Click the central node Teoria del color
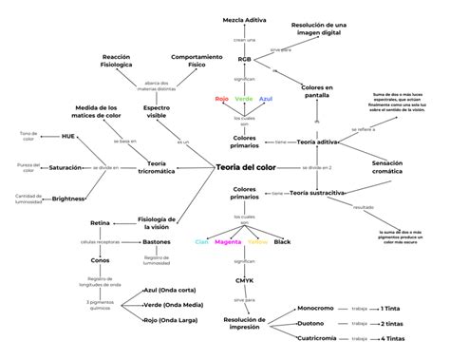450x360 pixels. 220,167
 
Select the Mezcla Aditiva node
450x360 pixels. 244,19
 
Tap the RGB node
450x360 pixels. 245,59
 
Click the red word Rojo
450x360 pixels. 221,99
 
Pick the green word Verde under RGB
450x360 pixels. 244,99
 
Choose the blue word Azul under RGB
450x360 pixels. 267,99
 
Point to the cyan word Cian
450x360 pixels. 201,242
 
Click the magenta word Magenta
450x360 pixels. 228,242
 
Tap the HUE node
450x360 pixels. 68,137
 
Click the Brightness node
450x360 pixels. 68,199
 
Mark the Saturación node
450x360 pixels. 66,167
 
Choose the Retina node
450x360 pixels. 101,222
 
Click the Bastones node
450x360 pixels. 157,242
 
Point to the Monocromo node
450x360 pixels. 315,308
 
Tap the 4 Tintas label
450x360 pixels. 393,338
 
